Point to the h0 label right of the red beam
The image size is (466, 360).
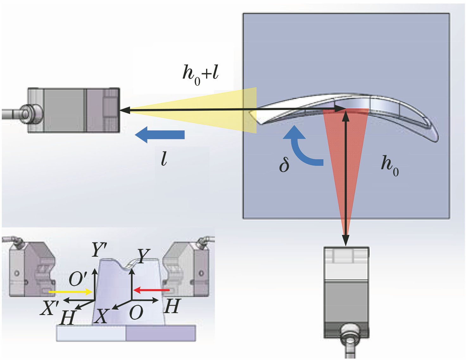389,165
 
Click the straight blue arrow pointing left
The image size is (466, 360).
160,134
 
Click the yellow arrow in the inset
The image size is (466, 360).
70,291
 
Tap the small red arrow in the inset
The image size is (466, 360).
151,290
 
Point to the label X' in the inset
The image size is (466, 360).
49,308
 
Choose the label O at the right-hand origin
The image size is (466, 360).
136,313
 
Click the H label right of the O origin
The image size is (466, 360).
172,306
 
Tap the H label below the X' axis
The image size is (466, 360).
68,318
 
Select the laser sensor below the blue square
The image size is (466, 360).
346,292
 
